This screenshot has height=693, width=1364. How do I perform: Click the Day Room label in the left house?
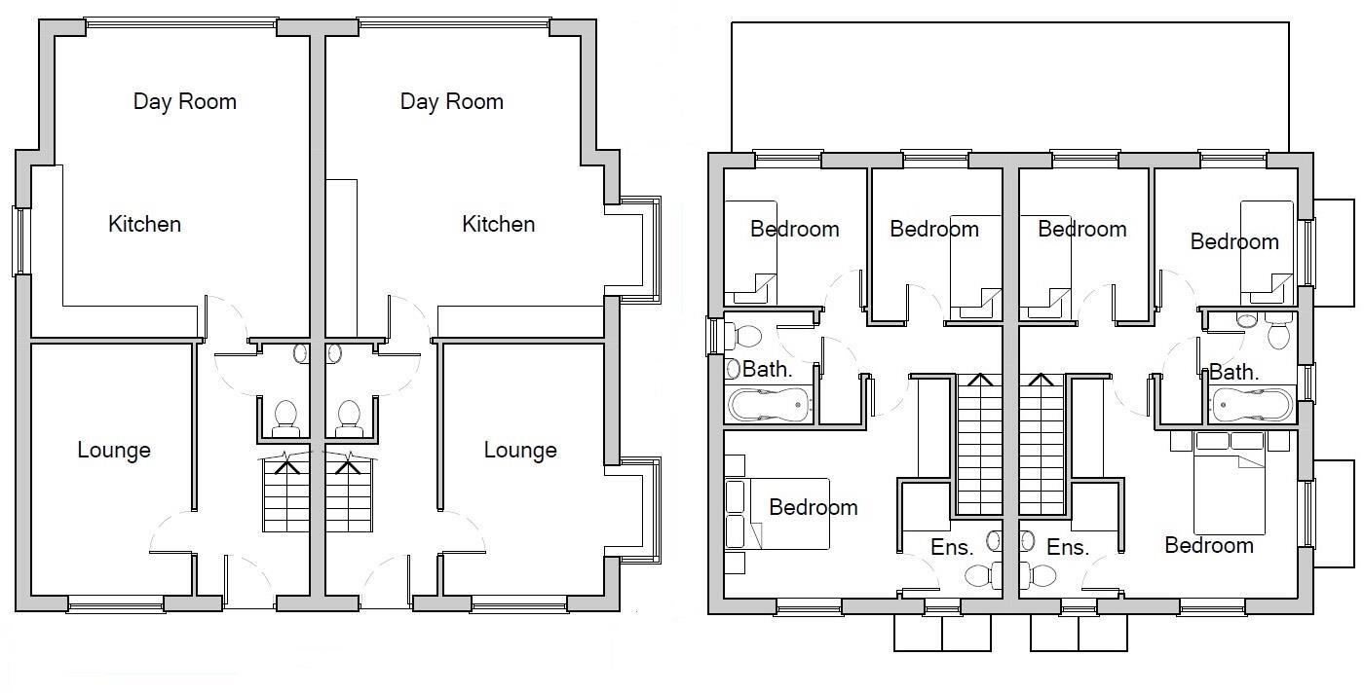point(185,101)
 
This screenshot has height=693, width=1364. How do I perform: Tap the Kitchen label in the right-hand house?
point(498,224)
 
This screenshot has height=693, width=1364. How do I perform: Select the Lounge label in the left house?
point(114,450)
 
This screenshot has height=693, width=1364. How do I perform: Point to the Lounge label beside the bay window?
point(520,450)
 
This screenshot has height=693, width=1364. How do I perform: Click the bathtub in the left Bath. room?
point(770,404)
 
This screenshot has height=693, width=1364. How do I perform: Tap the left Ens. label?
point(952,548)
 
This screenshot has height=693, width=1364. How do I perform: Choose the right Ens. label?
point(1067,548)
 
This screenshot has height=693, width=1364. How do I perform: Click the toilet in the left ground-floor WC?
point(285,418)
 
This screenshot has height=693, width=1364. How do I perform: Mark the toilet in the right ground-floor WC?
point(348,418)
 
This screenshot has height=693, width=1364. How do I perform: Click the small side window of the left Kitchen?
point(19,239)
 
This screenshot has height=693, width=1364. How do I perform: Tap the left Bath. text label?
point(768,369)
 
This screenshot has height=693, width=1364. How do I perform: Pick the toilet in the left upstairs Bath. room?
point(745,337)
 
